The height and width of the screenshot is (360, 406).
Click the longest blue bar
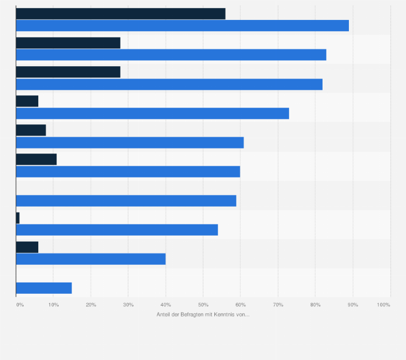click(x=183, y=25)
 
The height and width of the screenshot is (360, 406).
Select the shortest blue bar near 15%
click(x=44, y=288)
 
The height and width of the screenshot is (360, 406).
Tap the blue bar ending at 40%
click(x=90, y=259)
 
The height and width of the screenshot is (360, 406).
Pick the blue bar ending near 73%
click(x=152, y=113)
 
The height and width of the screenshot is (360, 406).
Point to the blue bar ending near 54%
click(x=117, y=230)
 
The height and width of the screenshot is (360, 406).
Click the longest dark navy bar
click(x=121, y=13)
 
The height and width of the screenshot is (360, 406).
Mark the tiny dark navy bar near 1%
click(x=18, y=218)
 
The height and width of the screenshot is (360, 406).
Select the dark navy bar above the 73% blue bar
click(x=27, y=101)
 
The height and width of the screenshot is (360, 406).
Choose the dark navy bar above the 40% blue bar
click(x=27, y=247)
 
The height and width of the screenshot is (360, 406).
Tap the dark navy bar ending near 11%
click(x=36, y=159)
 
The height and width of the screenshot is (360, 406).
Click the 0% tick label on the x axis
click(x=20, y=305)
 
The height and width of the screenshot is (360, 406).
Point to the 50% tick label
click(x=203, y=305)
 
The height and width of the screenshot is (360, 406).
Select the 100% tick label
click(x=383, y=305)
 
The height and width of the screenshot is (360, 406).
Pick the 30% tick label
click(x=128, y=305)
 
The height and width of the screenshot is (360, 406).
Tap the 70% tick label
click(x=278, y=305)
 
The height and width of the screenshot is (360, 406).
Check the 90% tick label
click(x=353, y=305)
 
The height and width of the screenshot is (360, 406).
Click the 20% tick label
click(x=91, y=305)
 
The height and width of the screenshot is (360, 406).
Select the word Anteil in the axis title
click(x=163, y=315)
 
